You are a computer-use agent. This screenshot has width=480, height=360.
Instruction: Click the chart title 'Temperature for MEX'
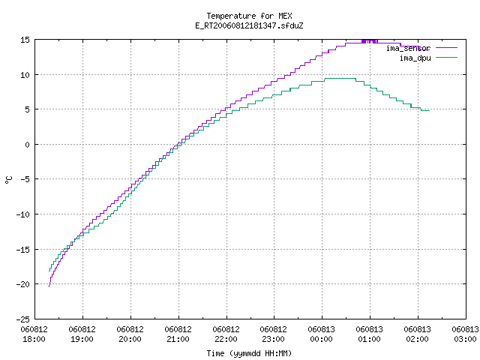click(249, 16)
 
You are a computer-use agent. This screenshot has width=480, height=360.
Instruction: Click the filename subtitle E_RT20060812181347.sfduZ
click(249, 25)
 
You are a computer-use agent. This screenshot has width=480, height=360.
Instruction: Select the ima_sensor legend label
click(408, 48)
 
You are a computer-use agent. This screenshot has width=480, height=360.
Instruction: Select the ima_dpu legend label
click(415, 58)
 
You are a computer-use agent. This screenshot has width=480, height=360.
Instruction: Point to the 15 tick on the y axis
click(25, 40)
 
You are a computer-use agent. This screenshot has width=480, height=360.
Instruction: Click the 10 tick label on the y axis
click(25, 75)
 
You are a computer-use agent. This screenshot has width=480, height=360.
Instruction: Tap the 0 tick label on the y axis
click(27, 145)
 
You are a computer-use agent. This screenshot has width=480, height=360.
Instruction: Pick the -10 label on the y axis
click(23, 214)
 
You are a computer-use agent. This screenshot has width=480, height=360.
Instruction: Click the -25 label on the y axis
click(23, 319)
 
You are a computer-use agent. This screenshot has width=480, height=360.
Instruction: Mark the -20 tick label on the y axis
click(23, 284)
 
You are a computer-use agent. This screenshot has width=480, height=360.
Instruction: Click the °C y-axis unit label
click(9, 180)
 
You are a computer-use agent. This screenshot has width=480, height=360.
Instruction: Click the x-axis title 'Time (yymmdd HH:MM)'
click(249, 353)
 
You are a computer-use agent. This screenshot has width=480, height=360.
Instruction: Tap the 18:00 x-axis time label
click(34, 339)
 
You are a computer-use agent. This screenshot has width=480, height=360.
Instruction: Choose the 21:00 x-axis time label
click(178, 339)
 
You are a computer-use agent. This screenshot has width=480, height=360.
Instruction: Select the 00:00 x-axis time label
click(321, 339)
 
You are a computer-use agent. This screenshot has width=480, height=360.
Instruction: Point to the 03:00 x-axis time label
click(465, 339)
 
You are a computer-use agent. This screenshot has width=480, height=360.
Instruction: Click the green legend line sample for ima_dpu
click(447, 58)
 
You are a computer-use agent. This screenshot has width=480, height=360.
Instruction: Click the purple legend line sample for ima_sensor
click(447, 48)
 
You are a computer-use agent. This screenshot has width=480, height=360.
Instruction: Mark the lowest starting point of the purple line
click(49, 286)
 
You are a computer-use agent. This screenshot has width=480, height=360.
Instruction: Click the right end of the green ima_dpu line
click(430, 110)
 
